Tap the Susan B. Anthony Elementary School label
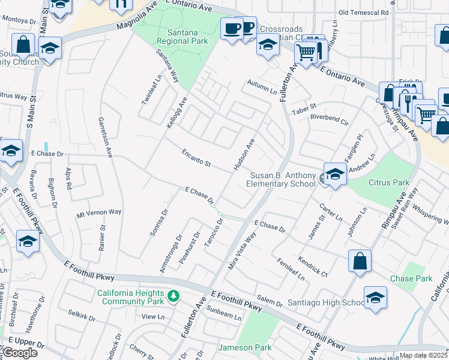[282, 179]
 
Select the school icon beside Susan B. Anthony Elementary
[335, 175]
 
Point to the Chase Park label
[411, 278]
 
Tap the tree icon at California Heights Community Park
[173, 296]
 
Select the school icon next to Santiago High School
[375, 298]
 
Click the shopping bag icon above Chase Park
[360, 261]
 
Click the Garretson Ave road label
[106, 137]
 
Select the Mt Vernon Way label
[99, 212]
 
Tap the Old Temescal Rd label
[363, 12]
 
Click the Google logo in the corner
[19, 353]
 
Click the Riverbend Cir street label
[329, 118]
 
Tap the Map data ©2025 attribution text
[424, 355]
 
